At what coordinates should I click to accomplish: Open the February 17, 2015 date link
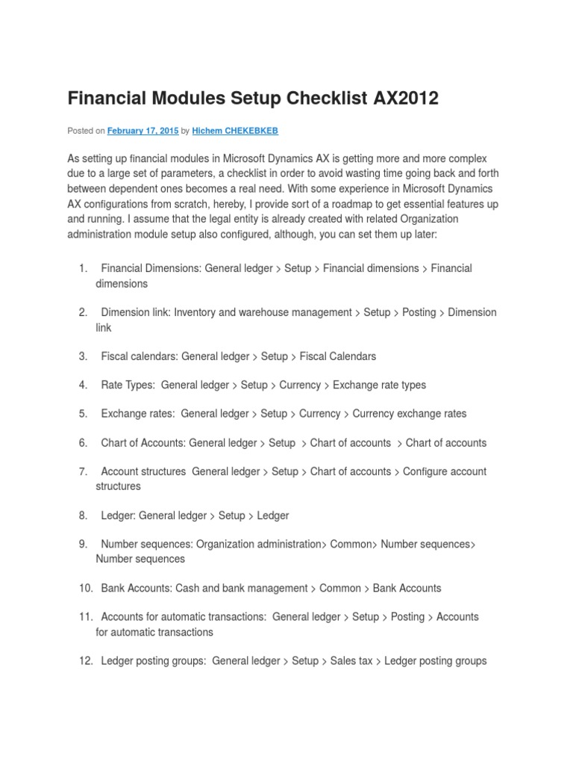click(x=143, y=131)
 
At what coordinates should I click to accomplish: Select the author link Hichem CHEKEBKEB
click(x=235, y=131)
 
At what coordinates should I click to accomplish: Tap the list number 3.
click(x=83, y=356)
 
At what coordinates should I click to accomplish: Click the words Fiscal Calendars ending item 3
click(x=338, y=356)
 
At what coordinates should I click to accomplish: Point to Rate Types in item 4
click(x=127, y=385)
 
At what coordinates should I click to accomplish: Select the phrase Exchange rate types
click(x=379, y=385)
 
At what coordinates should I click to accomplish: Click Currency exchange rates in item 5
click(x=410, y=414)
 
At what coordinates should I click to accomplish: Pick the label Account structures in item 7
click(x=143, y=471)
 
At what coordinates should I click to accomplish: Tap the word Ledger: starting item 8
click(x=118, y=515)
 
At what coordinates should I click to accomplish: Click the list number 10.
click(x=86, y=588)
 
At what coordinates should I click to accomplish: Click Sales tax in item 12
click(x=351, y=661)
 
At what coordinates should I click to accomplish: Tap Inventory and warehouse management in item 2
click(x=263, y=312)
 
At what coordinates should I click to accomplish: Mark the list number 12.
click(x=86, y=661)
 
